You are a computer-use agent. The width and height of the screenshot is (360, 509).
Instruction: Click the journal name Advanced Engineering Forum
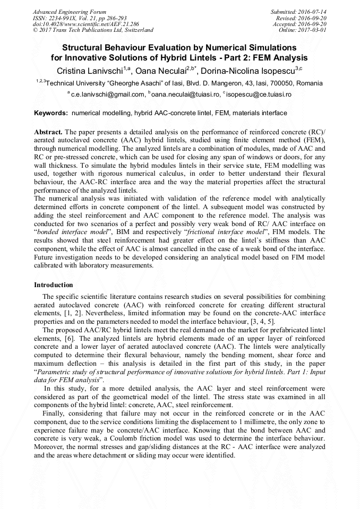(x=69, y=12)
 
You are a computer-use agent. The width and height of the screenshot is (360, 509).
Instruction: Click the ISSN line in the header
(x=80, y=18)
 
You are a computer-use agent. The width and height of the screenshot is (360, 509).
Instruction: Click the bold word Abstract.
(x=48, y=131)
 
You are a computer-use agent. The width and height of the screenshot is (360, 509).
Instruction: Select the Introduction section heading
(x=54, y=285)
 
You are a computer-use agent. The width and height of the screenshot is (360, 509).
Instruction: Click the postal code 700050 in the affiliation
(x=279, y=83)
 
